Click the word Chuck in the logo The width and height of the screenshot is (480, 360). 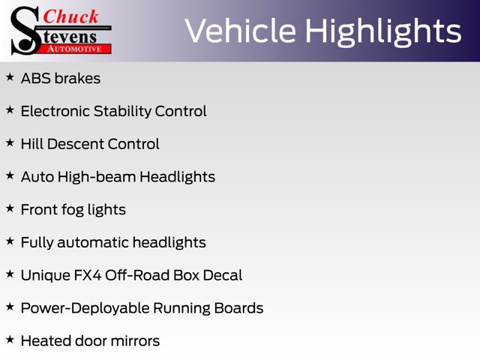(70, 16)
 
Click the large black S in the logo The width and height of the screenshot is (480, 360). (25, 31)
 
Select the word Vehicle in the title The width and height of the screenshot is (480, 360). (240, 31)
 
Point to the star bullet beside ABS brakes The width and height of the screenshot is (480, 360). (10, 77)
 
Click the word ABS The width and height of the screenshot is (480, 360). (36, 78)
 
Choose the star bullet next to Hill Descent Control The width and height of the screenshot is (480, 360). (10, 142)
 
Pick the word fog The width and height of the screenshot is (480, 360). (73, 210)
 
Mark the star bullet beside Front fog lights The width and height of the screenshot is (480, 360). (10, 208)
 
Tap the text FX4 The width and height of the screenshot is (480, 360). (88, 275)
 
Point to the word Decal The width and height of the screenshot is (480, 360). (223, 275)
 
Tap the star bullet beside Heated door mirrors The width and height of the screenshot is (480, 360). (10, 340)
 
